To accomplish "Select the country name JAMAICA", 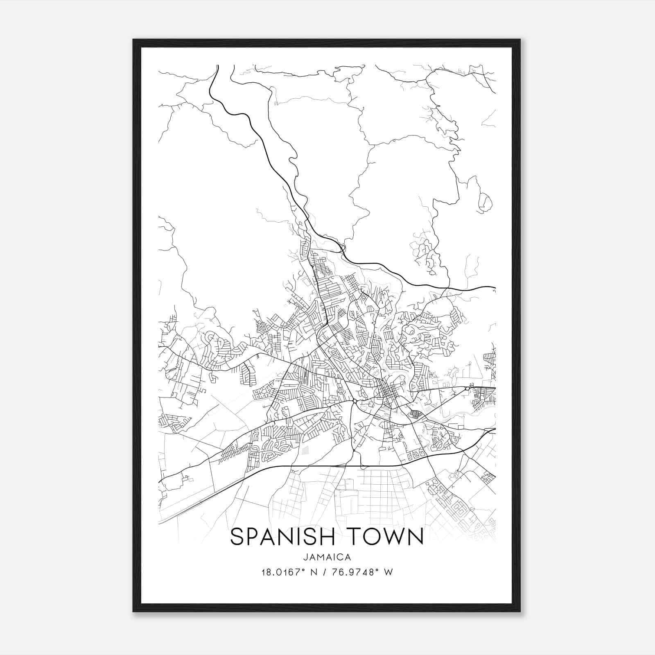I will point(327,557).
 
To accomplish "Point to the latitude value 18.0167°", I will point(282,572).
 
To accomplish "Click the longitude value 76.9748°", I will point(359,572).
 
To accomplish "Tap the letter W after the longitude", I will point(389,572).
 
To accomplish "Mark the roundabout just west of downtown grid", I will point(354,401).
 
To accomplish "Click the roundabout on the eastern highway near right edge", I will point(467,388).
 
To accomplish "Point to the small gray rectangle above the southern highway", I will point(305,450).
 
